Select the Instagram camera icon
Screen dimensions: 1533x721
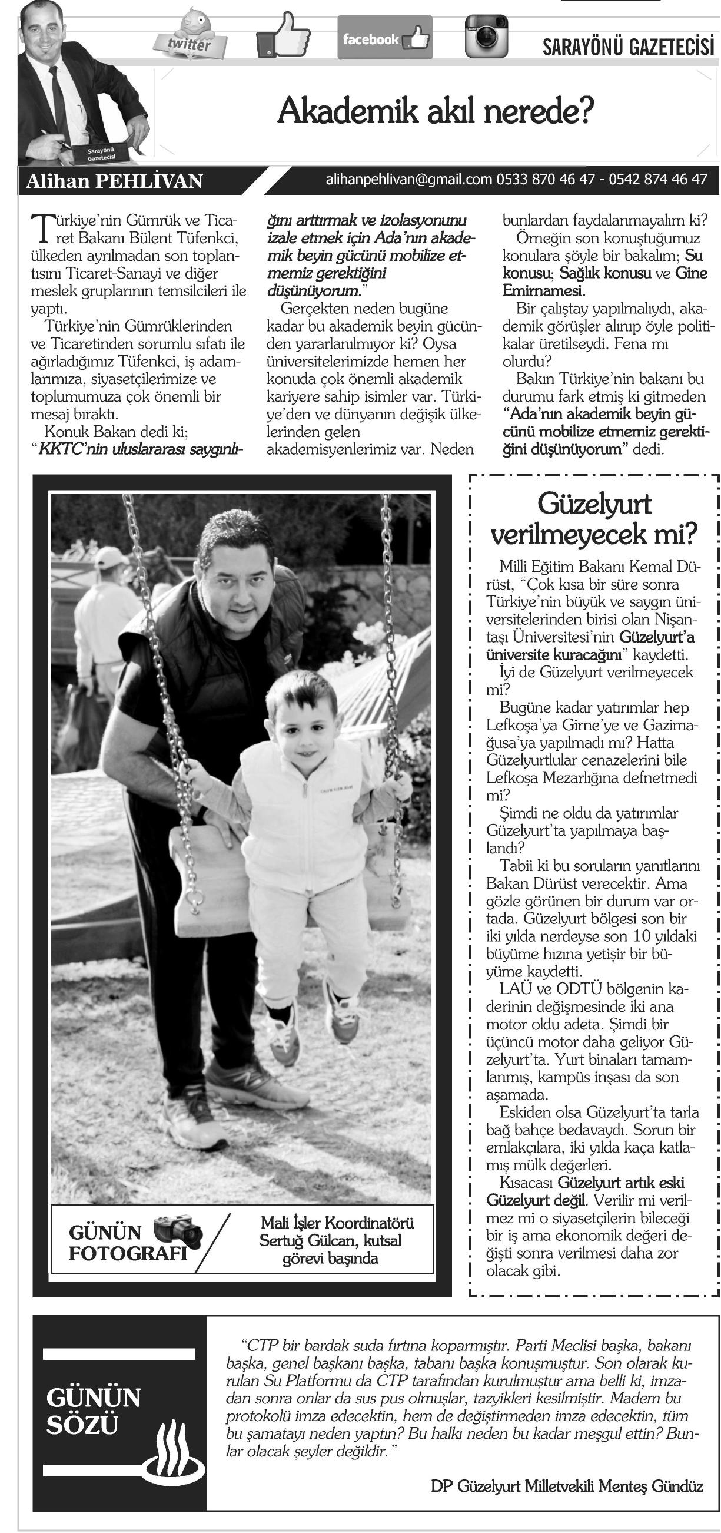click(x=486, y=37)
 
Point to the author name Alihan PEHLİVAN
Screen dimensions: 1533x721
click(x=114, y=181)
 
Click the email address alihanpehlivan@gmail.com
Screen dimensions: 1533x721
click(x=408, y=179)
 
